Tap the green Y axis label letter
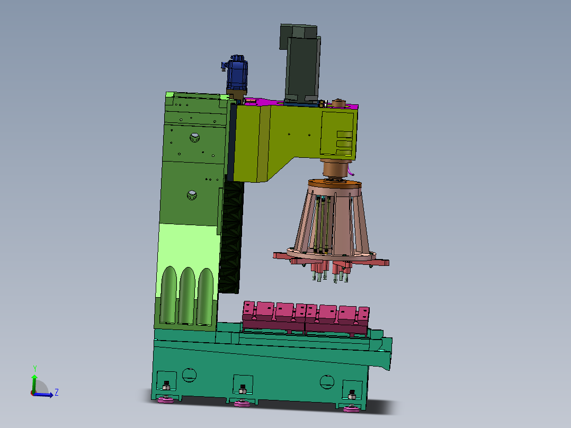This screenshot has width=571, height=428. coord(35,369)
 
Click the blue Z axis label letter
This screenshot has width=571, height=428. coord(57,393)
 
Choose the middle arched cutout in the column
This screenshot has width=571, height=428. coord(187,296)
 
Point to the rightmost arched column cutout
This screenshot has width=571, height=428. coord(205,297)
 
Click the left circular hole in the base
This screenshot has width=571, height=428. coord(189,375)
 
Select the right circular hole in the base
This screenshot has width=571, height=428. coord(327,381)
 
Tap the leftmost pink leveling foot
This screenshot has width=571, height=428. coord(166,400)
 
